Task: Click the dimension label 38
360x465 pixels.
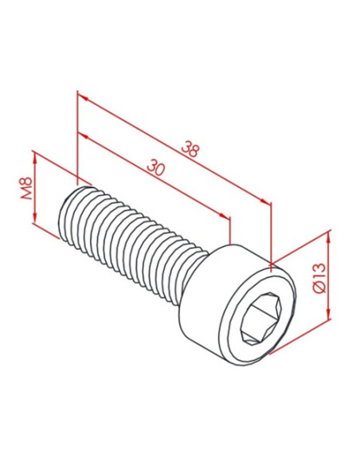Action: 190,149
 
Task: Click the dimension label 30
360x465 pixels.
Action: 155,167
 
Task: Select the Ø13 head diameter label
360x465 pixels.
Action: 320,278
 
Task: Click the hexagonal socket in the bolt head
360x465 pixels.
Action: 261,318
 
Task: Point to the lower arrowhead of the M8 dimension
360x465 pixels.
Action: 35,217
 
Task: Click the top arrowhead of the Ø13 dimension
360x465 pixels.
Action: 328,238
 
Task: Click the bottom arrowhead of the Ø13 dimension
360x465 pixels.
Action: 328,313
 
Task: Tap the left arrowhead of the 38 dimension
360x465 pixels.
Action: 84,99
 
